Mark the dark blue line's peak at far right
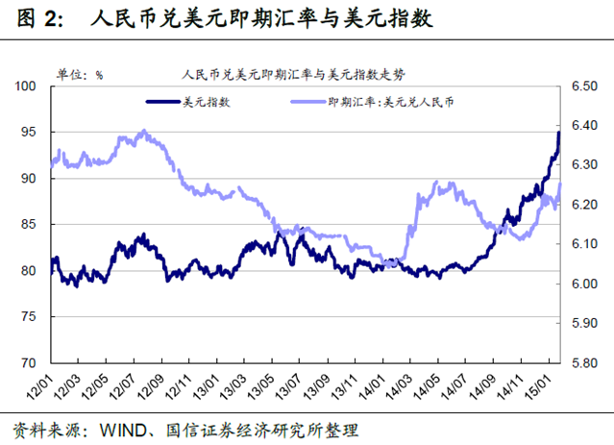click(559, 133)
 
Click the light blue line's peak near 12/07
click(144, 131)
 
